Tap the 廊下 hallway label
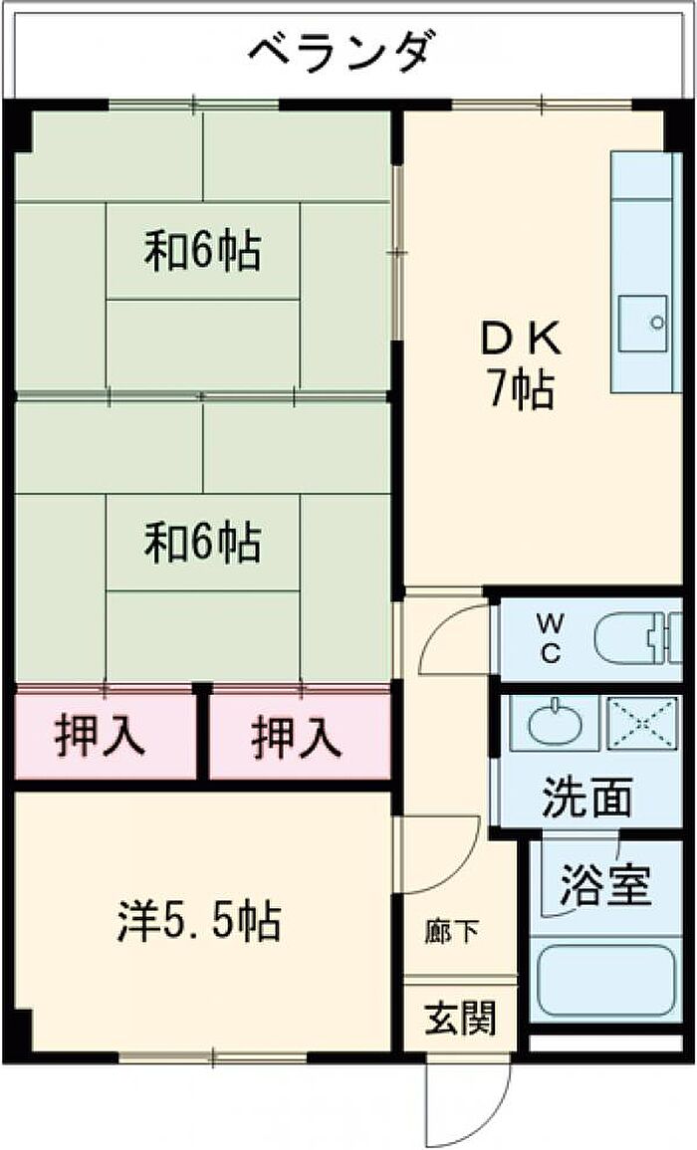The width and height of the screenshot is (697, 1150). tap(451, 932)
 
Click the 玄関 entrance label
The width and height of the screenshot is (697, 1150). tap(461, 1018)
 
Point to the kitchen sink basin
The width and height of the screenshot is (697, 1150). tap(642, 324)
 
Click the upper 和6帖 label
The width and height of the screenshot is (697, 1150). tap(202, 251)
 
